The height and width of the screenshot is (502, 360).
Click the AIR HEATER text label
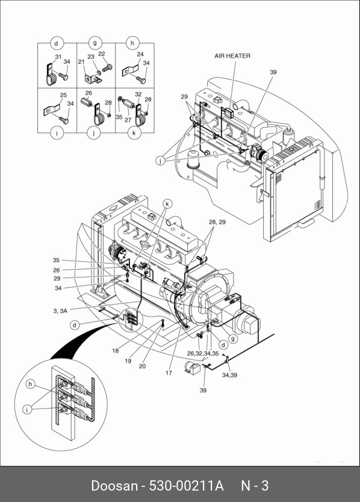[x=232, y=56]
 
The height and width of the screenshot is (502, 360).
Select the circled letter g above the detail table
[x=95, y=43]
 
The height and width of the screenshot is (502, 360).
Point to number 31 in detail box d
[x=58, y=57]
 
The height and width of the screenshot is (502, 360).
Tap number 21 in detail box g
[x=81, y=62]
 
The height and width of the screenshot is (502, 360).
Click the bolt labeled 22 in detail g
[x=107, y=68]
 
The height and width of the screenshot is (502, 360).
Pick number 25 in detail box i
[x=63, y=95]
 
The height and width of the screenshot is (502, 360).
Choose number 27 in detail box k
[x=128, y=120]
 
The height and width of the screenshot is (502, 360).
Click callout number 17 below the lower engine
[x=169, y=373]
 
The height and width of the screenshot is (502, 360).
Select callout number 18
[x=116, y=350]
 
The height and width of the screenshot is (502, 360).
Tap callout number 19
[x=128, y=361]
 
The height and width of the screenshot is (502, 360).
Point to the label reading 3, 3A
[x=60, y=311]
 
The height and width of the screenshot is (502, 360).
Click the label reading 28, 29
[x=217, y=222]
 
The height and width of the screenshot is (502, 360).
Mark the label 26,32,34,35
[x=203, y=354]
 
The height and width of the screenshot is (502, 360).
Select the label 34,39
[x=229, y=375]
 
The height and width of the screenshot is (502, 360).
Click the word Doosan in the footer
[x=114, y=485]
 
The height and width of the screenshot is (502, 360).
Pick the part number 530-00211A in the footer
[x=187, y=485]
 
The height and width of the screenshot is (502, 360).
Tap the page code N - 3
[x=255, y=485]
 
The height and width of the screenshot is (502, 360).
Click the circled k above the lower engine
[x=167, y=203]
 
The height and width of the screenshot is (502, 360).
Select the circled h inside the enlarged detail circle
[x=30, y=384]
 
